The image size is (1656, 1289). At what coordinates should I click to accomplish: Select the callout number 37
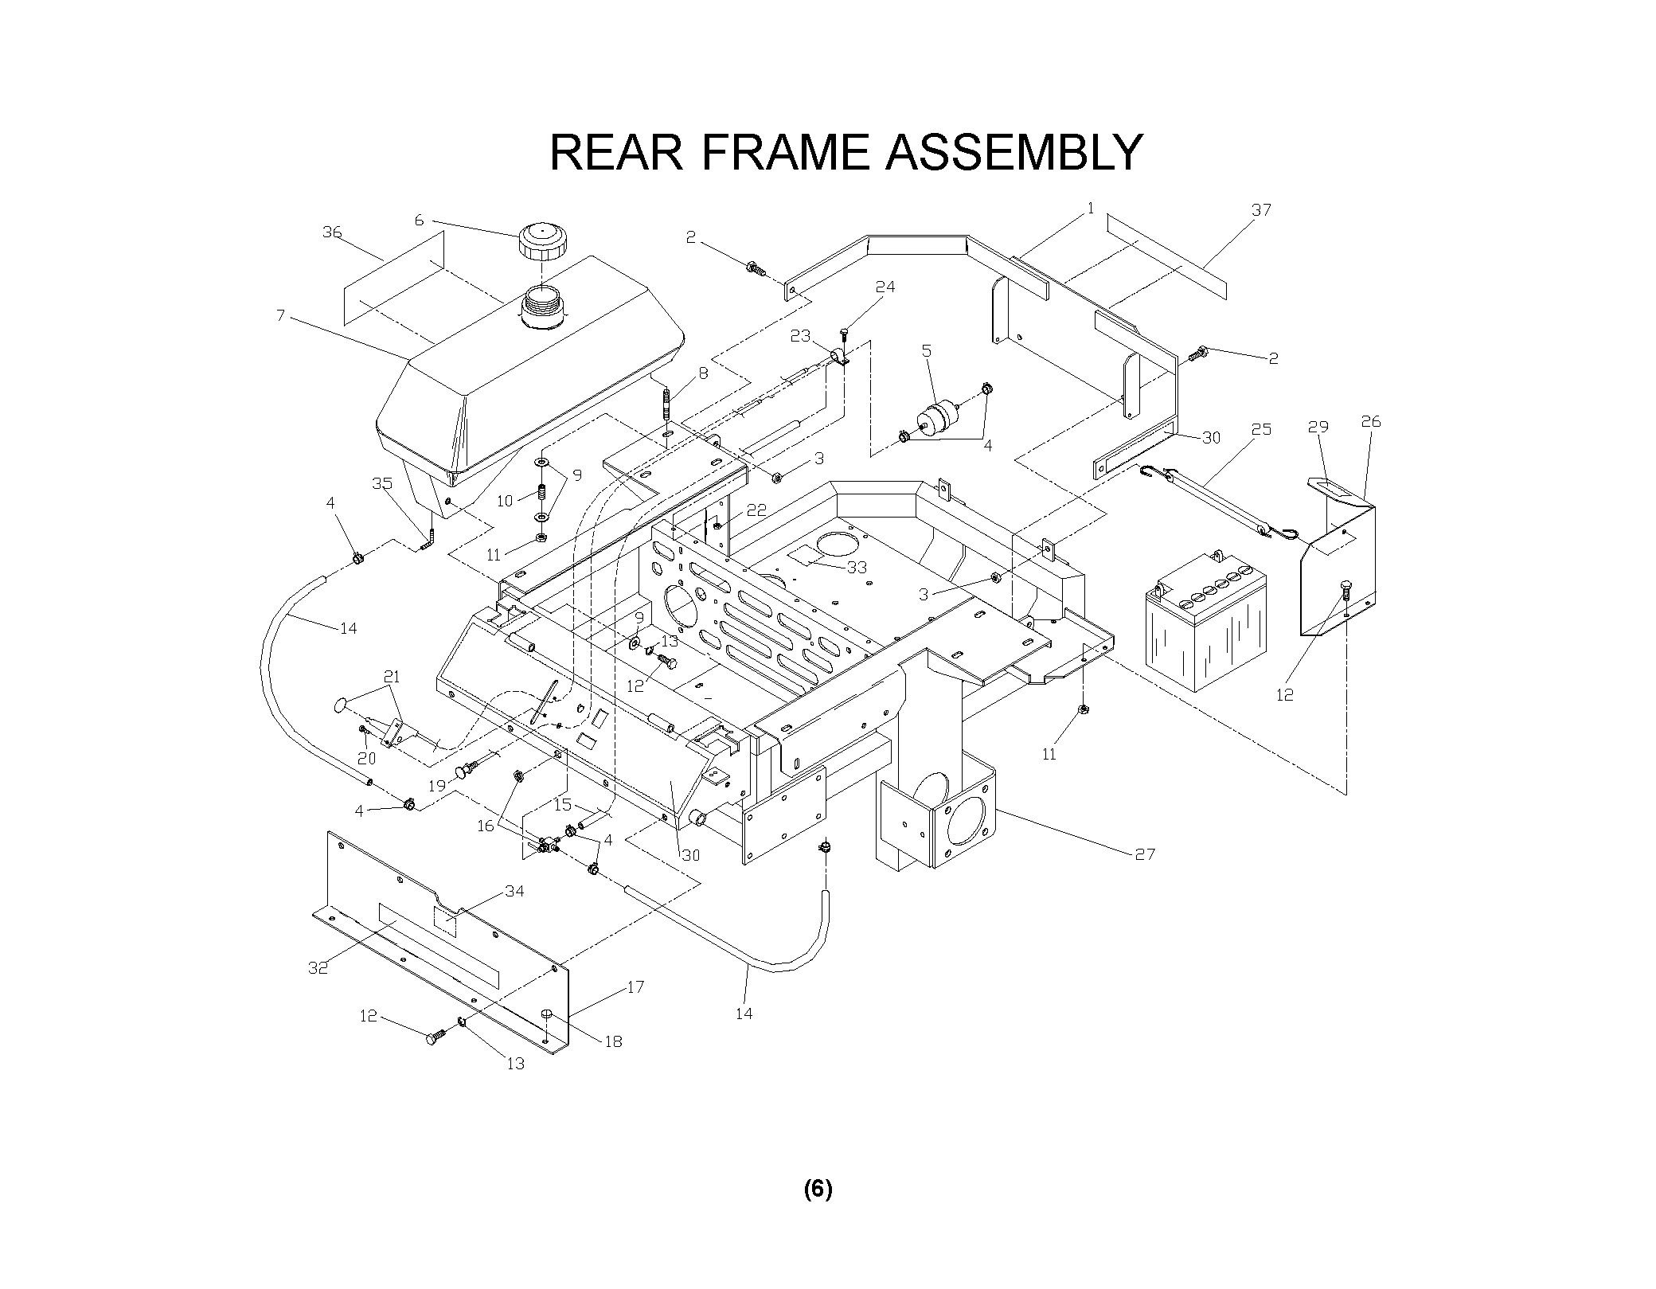(x=1261, y=210)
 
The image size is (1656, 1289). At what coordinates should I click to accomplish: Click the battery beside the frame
(x=1205, y=627)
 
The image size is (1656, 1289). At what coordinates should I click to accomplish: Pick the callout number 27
(x=1144, y=854)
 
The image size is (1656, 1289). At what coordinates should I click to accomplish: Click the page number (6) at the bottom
(x=818, y=1189)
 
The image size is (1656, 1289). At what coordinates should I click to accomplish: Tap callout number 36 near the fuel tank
(x=332, y=232)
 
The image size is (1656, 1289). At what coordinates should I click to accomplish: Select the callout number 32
(x=318, y=968)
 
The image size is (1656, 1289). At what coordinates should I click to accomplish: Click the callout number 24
(x=885, y=287)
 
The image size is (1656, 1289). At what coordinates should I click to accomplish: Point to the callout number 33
(x=857, y=568)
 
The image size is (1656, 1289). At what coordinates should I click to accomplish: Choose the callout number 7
(x=280, y=315)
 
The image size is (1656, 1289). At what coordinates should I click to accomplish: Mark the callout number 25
(x=1261, y=430)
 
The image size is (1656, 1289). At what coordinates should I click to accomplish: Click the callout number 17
(x=635, y=987)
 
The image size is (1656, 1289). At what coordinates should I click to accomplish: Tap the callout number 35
(x=382, y=483)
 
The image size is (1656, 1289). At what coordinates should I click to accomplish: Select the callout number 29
(x=1318, y=427)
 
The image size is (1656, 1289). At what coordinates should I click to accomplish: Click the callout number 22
(x=756, y=510)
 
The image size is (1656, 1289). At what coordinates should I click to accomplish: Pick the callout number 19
(x=437, y=786)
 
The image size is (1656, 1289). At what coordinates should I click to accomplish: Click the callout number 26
(x=1370, y=422)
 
